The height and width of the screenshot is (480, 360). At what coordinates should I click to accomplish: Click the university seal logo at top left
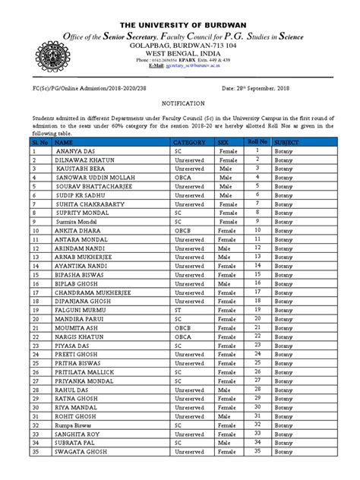(50, 45)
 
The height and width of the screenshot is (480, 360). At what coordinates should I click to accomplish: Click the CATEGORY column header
(190, 142)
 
